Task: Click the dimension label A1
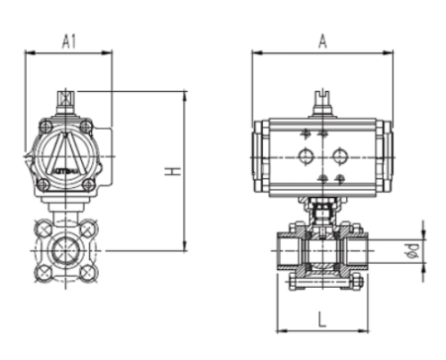68,40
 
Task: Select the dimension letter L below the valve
322,316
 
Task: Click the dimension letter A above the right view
323,40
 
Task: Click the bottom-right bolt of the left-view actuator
87,184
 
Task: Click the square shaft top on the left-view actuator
65,96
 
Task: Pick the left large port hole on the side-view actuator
305,156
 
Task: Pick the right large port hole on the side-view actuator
340,155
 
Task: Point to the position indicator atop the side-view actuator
323,101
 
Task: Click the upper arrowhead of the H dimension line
184,94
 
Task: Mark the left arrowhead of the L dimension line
278,328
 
